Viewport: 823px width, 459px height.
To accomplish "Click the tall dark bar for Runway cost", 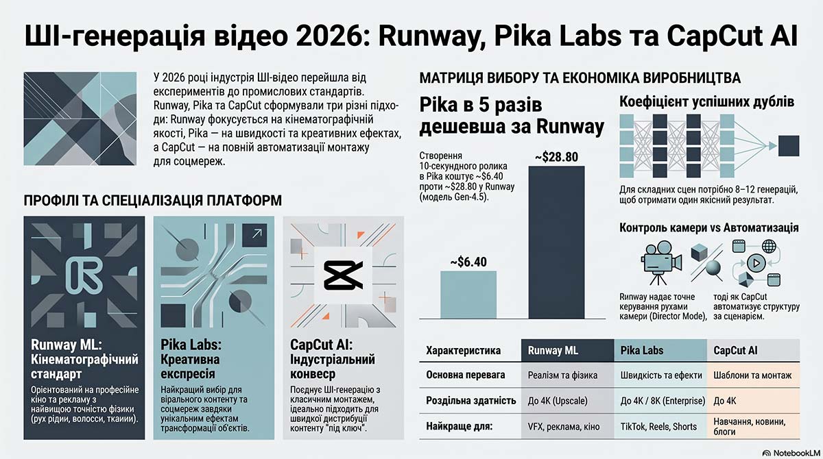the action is tap(556, 242).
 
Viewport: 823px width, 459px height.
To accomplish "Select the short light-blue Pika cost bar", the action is tap(468, 295).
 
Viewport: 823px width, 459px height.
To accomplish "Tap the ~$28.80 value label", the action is tap(556, 157).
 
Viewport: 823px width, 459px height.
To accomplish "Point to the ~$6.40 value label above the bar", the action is tap(468, 262).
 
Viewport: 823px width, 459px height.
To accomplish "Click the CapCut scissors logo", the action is tap(343, 275).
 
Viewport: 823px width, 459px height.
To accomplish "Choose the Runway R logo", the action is tap(84, 275).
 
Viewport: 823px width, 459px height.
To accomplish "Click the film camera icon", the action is tap(661, 262).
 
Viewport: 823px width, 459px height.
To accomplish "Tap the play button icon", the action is tap(756, 263).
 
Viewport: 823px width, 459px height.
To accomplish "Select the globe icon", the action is tap(769, 246).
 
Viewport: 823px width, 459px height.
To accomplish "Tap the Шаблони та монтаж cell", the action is tap(753, 375).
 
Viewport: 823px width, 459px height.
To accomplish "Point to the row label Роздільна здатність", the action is tap(471, 401).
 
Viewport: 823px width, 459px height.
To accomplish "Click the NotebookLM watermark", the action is tap(791, 453).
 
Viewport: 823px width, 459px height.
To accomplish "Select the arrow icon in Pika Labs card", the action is tap(254, 235).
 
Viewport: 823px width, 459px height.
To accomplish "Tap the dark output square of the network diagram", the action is tap(789, 146).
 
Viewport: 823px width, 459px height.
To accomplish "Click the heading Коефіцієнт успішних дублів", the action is tap(706, 101).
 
